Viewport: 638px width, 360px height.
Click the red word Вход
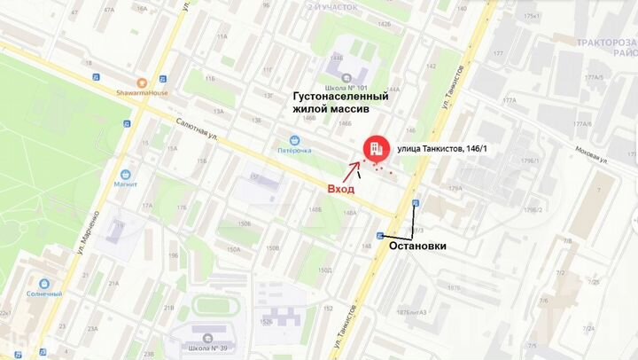pyautogui.click(x=341, y=189)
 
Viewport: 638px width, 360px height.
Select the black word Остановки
pyautogui.click(x=417, y=246)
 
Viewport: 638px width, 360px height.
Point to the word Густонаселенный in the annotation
pyautogui.click(x=341, y=96)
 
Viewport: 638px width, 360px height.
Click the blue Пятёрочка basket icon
pyautogui.click(x=293, y=139)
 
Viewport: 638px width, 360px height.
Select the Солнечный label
pyautogui.click(x=44, y=293)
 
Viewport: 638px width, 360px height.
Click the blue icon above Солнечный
pyautogui.click(x=43, y=281)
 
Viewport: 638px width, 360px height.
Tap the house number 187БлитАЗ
pyautogui.click(x=412, y=312)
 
